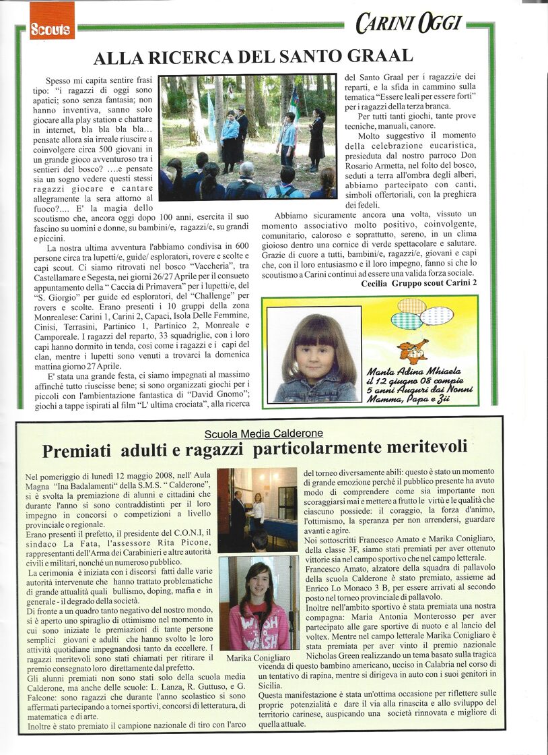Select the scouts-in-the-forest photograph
point(247,137)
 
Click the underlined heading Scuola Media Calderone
point(264,433)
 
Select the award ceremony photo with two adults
point(256,510)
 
